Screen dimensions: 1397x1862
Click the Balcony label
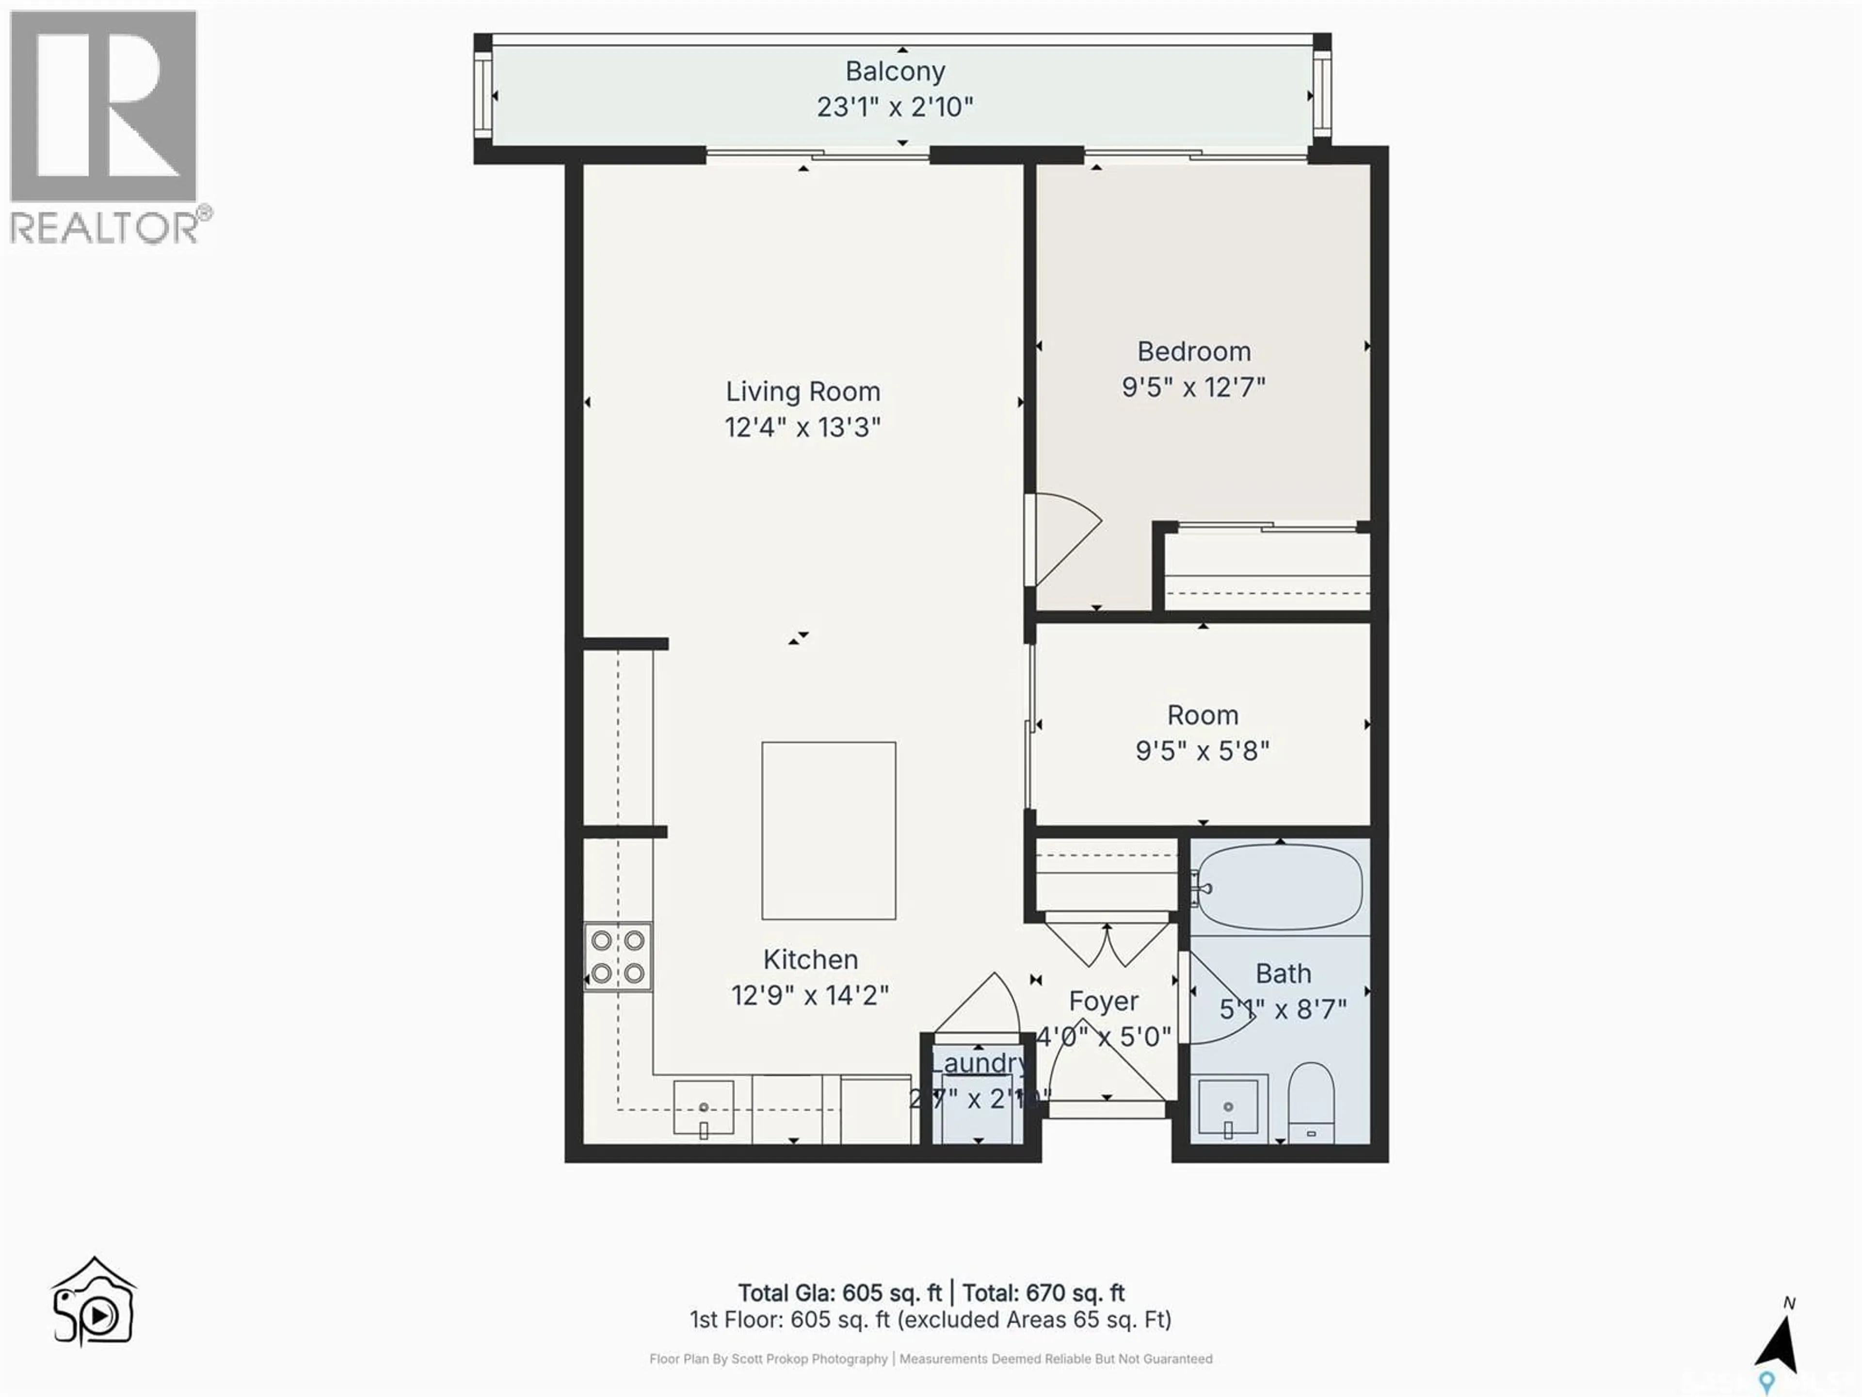895,72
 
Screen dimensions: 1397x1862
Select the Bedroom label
1194,351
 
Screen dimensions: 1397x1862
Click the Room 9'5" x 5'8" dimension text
1202,750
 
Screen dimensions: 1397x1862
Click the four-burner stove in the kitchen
618,957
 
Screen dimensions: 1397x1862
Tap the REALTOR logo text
105,227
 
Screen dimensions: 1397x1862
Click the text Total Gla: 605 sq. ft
839,1293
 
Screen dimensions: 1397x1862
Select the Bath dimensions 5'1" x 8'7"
1283,1009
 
